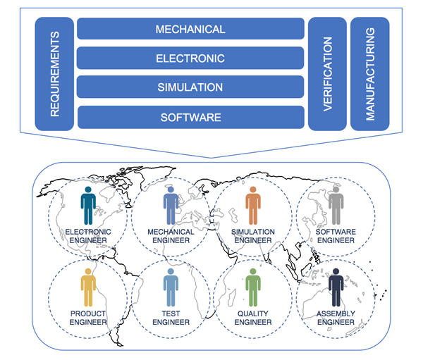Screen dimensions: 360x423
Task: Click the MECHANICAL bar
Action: click(190, 30)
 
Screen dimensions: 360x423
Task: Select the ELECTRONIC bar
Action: click(190, 58)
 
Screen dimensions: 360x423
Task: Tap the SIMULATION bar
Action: click(190, 87)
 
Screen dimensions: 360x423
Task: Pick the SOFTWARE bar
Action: click(190, 117)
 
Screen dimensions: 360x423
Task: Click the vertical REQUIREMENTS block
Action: click(55, 73)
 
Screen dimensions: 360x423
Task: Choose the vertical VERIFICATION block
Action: click(327, 73)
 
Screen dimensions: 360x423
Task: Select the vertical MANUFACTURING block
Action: click(369, 73)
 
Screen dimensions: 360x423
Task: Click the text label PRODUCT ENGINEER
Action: click(87, 318)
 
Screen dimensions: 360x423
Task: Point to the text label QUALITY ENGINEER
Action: click(253, 318)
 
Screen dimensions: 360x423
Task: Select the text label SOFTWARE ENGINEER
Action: click(336, 235)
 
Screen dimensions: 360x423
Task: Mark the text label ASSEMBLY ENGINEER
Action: click(336, 318)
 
